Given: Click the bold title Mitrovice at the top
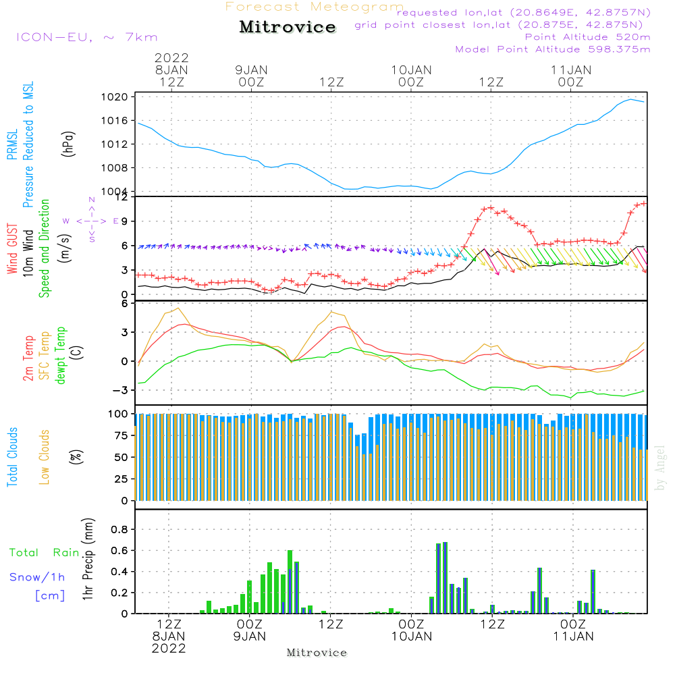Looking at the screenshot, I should (288, 27).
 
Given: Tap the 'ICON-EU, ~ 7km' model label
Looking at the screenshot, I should (86, 38).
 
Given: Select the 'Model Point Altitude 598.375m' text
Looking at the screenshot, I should (553, 49).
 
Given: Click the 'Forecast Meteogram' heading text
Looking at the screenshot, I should (315, 7).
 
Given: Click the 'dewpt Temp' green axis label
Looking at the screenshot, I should (61, 356).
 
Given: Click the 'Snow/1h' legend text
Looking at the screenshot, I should (37, 577).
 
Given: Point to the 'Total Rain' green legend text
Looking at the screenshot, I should (44, 553).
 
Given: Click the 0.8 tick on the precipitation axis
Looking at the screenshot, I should (119, 530).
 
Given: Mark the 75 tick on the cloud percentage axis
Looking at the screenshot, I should (119, 435).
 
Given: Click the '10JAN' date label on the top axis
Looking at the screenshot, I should (411, 70).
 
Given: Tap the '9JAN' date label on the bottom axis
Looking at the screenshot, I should (250, 637).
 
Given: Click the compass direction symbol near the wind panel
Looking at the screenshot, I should (92, 221).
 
